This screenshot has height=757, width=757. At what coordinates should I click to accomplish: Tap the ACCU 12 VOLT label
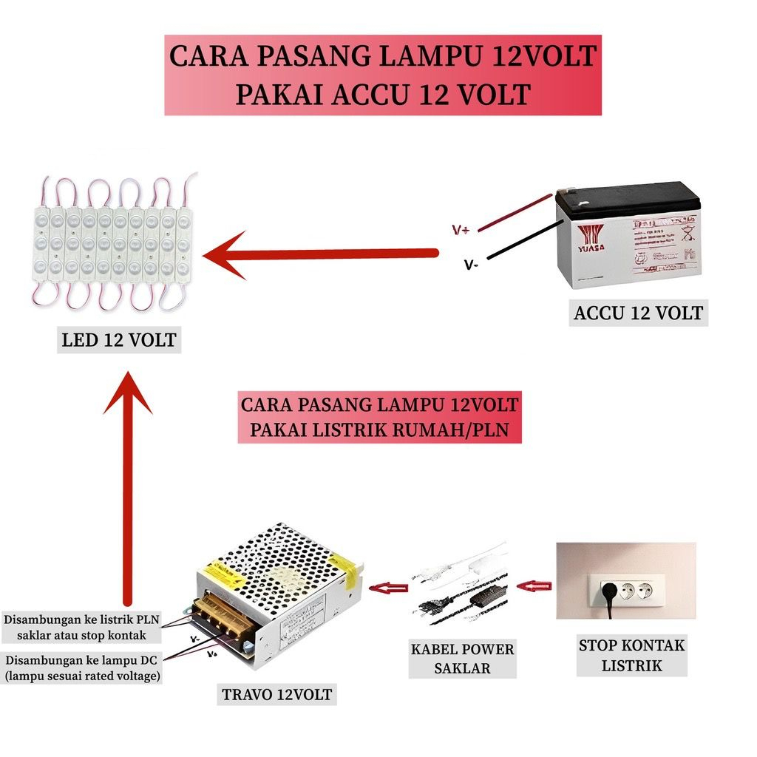pos(638,313)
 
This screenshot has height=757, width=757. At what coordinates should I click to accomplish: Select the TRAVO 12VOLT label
pos(277,694)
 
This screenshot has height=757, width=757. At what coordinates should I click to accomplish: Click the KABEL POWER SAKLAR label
pos(463,659)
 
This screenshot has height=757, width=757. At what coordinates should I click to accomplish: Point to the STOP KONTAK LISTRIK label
pos(631,655)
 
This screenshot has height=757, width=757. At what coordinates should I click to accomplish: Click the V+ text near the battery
pos(461,231)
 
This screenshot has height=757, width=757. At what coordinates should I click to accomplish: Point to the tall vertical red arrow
pos(127,488)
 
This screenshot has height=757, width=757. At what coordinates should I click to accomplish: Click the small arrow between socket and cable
pos(534,587)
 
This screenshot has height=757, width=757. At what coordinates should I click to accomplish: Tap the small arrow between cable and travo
pos(389,588)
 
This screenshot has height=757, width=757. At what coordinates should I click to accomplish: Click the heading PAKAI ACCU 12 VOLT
pos(382,94)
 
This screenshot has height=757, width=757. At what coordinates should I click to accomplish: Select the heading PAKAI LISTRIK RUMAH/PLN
pos(379,429)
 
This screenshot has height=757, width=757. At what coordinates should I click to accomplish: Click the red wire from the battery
pos(517,213)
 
